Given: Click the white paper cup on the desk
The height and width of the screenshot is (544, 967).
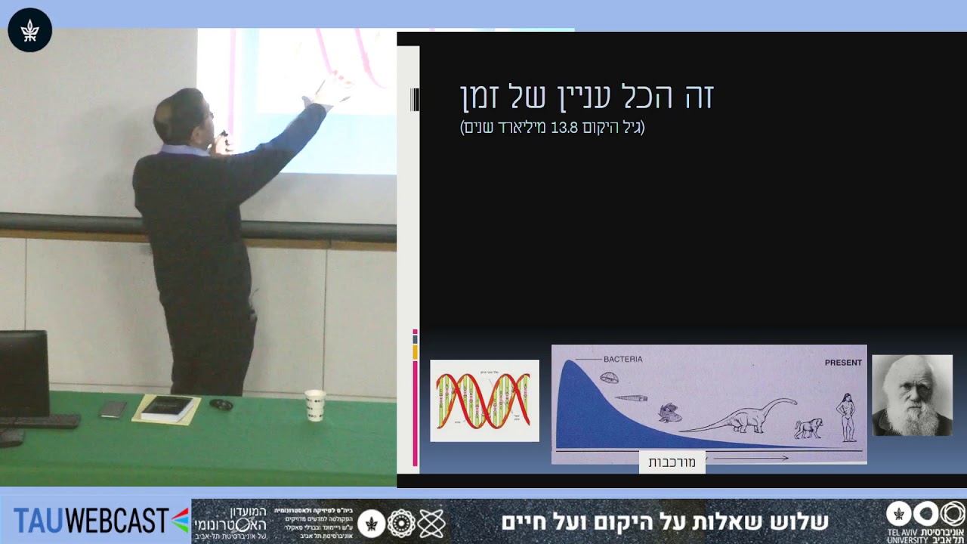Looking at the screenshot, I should click(315, 405).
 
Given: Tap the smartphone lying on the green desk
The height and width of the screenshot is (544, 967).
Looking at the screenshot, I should click(113, 409).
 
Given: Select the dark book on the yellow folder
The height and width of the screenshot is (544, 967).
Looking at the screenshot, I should click(167, 408).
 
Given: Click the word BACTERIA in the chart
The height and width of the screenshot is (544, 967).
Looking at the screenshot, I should click(623, 359).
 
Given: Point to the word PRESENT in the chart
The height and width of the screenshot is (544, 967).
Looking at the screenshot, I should click(843, 363).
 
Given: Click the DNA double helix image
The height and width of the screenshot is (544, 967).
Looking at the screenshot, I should click(484, 400).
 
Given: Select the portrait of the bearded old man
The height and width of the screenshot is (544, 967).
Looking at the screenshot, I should click(912, 395).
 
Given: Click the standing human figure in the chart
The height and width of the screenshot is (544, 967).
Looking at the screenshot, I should click(847, 417).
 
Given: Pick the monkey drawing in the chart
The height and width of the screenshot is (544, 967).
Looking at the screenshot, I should click(808, 428).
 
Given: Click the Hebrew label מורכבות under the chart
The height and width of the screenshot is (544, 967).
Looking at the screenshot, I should click(672, 462).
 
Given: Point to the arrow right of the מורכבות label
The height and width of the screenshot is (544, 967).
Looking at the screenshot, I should click(751, 458).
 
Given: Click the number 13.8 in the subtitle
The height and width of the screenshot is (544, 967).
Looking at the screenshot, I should click(564, 128).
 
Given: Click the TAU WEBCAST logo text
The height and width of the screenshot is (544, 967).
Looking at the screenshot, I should click(91, 521).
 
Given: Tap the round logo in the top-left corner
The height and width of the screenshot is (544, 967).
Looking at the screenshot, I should click(29, 30).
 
